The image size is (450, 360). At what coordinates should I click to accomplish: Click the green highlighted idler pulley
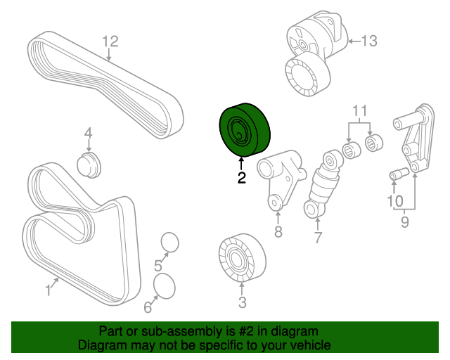244,129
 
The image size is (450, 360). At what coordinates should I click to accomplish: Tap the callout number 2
242,178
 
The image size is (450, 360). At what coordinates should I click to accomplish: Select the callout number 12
109,41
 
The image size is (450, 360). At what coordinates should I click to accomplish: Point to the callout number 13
368,41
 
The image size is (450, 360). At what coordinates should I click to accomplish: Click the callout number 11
359,110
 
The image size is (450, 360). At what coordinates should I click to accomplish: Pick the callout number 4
89,133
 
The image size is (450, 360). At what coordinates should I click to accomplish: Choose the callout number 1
50,288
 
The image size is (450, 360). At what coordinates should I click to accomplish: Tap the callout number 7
317,238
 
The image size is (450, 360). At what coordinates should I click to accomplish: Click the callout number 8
278,232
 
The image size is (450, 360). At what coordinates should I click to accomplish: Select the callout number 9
404,223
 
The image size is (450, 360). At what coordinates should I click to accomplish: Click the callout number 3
242,303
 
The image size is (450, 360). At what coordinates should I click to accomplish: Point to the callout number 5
158,265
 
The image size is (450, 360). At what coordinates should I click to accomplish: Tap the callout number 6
148,307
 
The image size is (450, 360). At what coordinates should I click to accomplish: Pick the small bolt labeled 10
399,173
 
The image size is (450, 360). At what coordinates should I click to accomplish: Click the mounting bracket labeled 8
279,176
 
